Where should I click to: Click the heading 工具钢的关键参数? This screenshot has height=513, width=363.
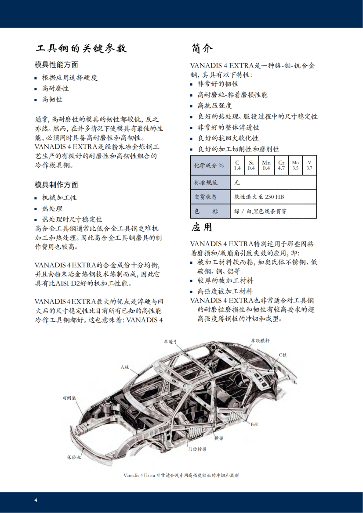pyautogui.click(x=81, y=48)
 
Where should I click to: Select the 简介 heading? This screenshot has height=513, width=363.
pyautogui.click(x=203, y=48)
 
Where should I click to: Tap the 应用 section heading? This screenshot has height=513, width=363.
pyautogui.click(x=202, y=227)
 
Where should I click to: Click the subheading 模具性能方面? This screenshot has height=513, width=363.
pyautogui.click(x=56, y=65)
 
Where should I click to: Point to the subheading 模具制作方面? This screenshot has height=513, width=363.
pyautogui.click(x=56, y=185)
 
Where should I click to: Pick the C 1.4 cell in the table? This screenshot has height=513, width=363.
pyautogui.click(x=237, y=165)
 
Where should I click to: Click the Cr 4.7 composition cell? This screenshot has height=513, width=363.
pyautogui.click(x=281, y=165)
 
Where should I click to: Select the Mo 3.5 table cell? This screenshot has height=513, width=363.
pyautogui.click(x=295, y=165)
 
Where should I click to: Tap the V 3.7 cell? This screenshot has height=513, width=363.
pyautogui.click(x=309, y=165)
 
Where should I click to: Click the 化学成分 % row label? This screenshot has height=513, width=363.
pyautogui.click(x=209, y=165)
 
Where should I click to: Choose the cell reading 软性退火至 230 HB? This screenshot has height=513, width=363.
pyautogui.click(x=254, y=197)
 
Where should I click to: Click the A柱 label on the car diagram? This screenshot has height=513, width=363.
pyautogui.click(x=125, y=367)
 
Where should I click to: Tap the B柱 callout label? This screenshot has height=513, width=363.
pyautogui.click(x=254, y=424)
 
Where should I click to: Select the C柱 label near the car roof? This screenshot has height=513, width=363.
pyautogui.click(x=282, y=355)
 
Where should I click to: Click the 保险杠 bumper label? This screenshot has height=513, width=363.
pyautogui.click(x=74, y=457)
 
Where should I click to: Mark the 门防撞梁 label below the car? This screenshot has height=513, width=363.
pyautogui.click(x=197, y=449)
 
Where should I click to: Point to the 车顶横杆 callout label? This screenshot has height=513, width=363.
pyautogui.click(x=260, y=341)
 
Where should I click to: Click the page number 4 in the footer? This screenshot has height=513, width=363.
pyautogui.click(x=36, y=500)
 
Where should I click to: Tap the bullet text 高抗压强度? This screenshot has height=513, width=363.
pyautogui.click(x=214, y=106)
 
